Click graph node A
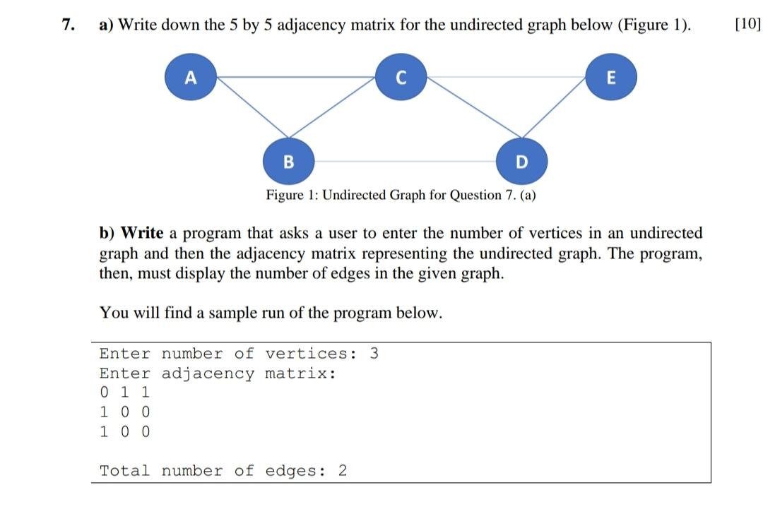tap(189, 77)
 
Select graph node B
tap(288, 161)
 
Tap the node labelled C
tap(401, 77)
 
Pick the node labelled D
tap(521, 161)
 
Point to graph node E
tap(612, 77)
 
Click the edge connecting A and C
tap(295, 76)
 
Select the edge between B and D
tap(404, 161)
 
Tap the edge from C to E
tap(506, 76)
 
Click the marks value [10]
tap(747, 25)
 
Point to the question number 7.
tap(67, 25)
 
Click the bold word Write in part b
tap(143, 233)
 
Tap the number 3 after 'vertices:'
tap(374, 354)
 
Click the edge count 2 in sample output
tap(343, 471)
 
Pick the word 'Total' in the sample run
tap(125, 471)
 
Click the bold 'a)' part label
tap(107, 25)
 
